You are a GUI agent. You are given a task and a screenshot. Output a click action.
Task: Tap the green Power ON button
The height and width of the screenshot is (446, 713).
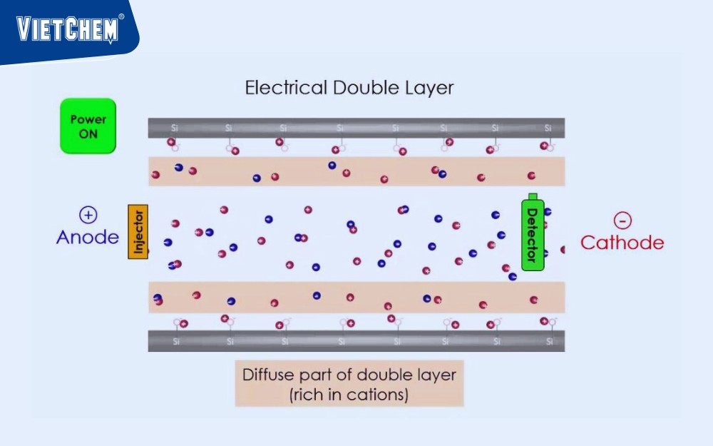coord(88,126)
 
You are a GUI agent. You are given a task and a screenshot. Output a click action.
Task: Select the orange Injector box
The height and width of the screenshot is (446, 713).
coord(138,231)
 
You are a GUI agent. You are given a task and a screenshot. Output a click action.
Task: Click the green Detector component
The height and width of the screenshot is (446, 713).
coord(532,233)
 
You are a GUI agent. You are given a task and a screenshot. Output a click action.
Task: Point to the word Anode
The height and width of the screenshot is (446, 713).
coord(88,237)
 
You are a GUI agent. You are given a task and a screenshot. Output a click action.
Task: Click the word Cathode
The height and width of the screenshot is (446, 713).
coord(622,243)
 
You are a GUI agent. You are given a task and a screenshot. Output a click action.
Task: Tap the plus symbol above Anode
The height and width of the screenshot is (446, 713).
coord(88,214)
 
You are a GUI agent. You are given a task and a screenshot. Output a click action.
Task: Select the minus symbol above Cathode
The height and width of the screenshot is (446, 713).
coord(622,221)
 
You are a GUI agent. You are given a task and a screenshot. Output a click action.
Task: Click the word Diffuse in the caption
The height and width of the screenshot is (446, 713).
coord(270,375)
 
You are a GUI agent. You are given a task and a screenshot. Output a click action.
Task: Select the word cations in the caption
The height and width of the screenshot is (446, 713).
coord(378,395)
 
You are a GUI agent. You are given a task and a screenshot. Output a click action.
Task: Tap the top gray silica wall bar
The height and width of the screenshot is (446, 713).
coord(356,128)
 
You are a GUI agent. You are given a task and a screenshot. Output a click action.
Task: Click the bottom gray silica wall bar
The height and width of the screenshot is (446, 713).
coord(356,341)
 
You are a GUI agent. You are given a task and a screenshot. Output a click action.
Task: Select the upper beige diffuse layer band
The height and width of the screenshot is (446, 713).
coord(356,171)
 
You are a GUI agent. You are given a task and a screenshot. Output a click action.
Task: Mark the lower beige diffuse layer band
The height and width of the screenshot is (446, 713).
coord(356,297)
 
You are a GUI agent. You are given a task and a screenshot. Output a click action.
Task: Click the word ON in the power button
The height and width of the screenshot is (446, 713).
coord(88,133)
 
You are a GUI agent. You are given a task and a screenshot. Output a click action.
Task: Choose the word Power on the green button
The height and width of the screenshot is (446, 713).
coord(88,120)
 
